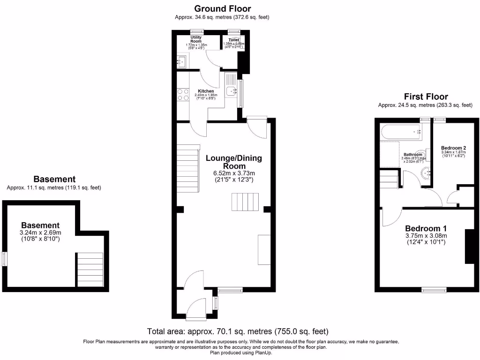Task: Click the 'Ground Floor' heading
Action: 222,8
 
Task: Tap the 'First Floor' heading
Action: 426,97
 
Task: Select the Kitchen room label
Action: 206,91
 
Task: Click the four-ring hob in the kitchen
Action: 183,95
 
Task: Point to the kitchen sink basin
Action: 230,92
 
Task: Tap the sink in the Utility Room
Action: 182,61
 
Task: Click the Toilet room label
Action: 233,40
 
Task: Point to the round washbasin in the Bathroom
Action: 427,173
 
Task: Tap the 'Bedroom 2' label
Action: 453,147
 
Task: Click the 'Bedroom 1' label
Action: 426,228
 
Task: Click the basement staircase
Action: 90,270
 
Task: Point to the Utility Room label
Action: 196,39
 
